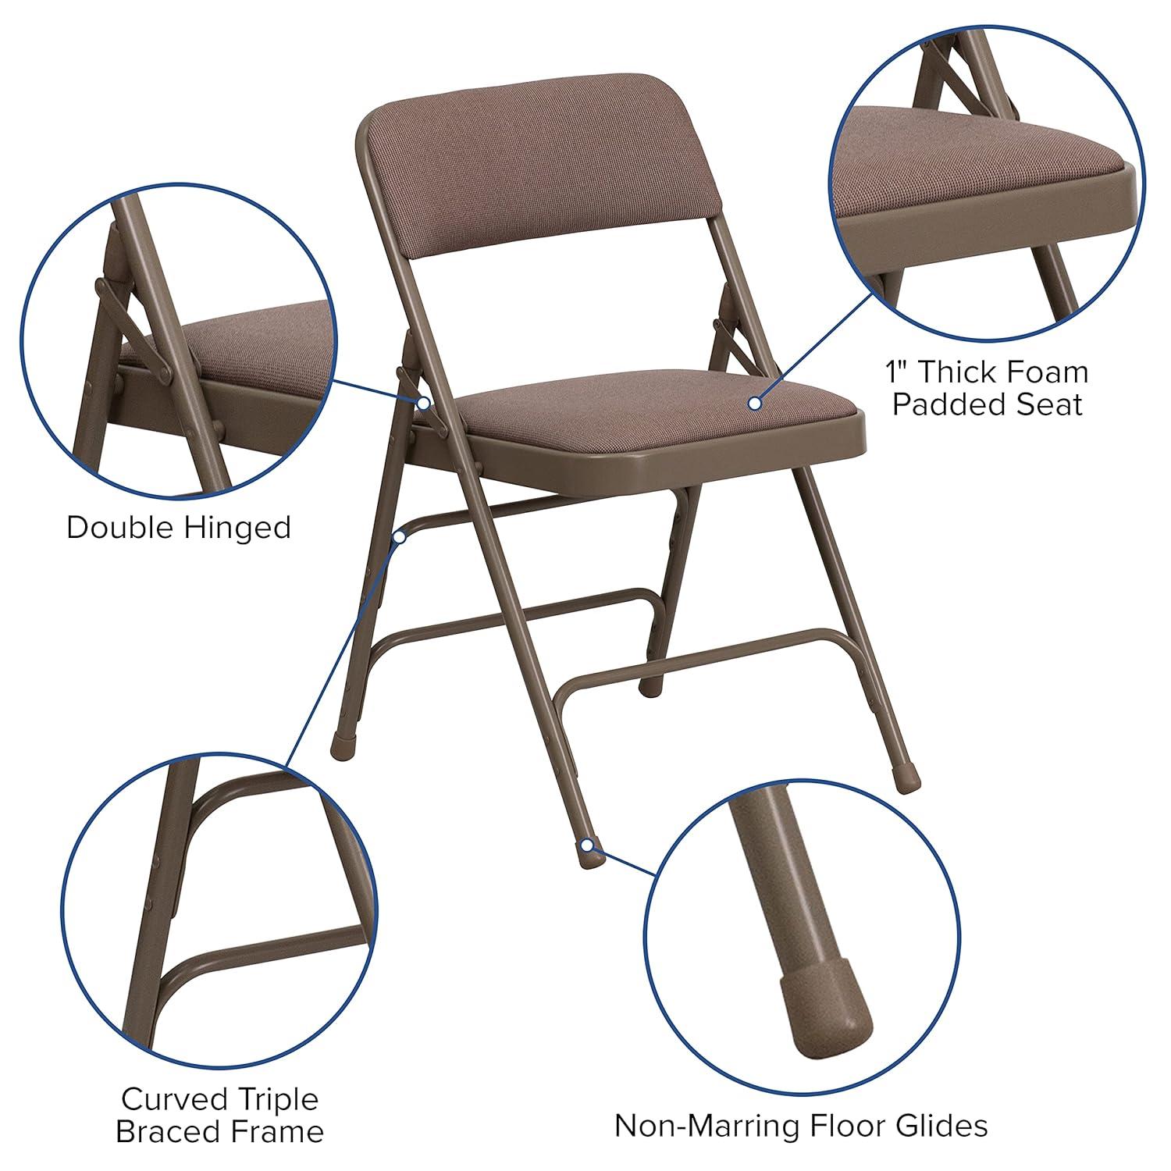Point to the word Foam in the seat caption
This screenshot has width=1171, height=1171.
click(x=1045, y=372)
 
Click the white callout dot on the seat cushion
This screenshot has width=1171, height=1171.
click(x=754, y=403)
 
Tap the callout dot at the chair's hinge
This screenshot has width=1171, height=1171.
click(x=422, y=403)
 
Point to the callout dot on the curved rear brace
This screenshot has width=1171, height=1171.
click(x=400, y=536)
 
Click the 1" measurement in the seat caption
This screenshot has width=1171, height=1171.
click(x=898, y=372)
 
